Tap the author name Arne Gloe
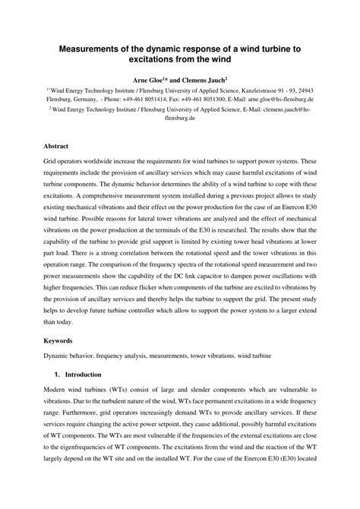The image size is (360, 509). (150, 78)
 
